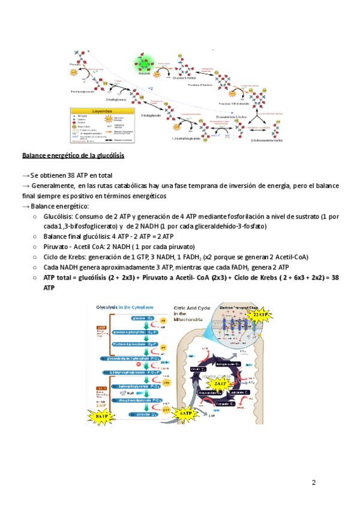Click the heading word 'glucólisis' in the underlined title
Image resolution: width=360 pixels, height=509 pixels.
click(108, 156)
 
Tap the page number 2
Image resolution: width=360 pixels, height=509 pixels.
click(314, 483)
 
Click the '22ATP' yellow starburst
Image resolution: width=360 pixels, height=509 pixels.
click(260, 314)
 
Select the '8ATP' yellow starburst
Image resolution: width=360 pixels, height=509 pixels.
click(102, 415)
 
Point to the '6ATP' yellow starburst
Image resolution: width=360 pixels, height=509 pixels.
click(187, 413)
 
